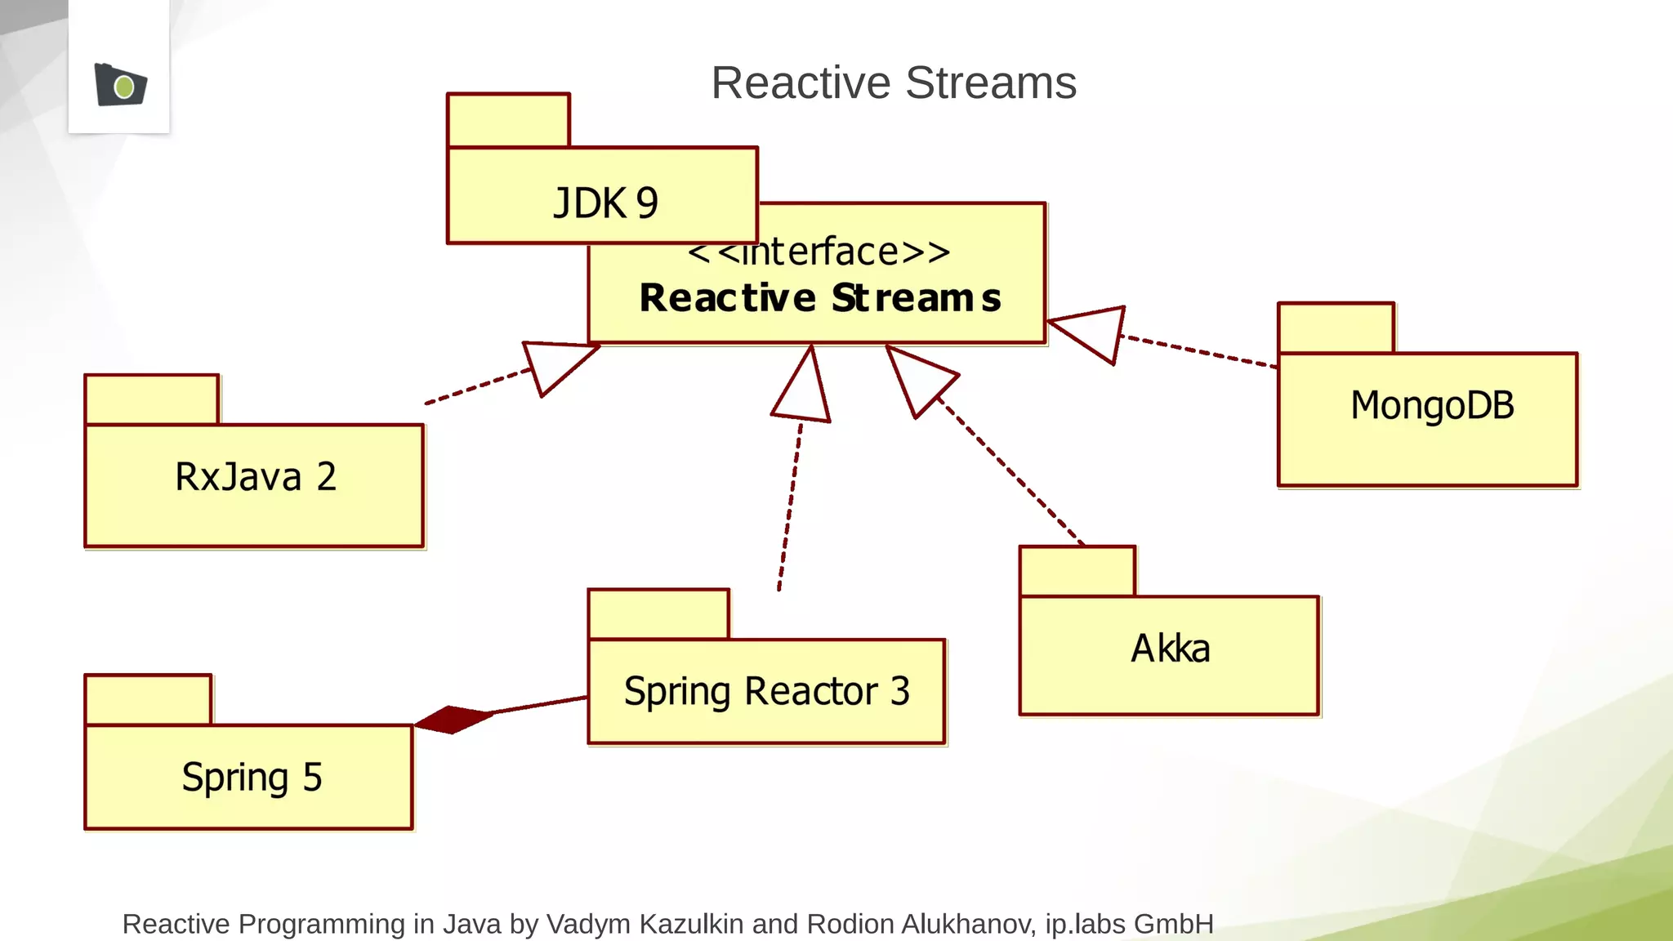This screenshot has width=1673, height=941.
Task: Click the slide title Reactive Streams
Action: (x=894, y=83)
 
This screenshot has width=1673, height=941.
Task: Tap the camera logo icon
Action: (x=120, y=85)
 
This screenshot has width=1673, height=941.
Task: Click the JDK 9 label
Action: (x=605, y=203)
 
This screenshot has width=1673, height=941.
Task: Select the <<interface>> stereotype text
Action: (x=819, y=252)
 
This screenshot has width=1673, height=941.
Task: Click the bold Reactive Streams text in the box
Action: (x=820, y=298)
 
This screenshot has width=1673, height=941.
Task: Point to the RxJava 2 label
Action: (x=256, y=477)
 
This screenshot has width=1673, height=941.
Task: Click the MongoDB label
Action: (x=1432, y=406)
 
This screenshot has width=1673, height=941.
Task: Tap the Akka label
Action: (x=1170, y=649)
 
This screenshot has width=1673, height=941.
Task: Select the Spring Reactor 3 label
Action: (x=766, y=692)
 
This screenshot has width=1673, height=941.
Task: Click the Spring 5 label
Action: (x=252, y=777)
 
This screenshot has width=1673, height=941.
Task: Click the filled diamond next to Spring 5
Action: (x=453, y=720)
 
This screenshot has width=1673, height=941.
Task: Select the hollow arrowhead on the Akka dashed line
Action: (x=917, y=379)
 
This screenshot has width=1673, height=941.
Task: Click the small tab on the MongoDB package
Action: (x=1336, y=328)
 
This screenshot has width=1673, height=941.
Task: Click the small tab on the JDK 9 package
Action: (x=508, y=120)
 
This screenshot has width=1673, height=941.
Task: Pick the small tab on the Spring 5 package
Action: (x=148, y=700)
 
